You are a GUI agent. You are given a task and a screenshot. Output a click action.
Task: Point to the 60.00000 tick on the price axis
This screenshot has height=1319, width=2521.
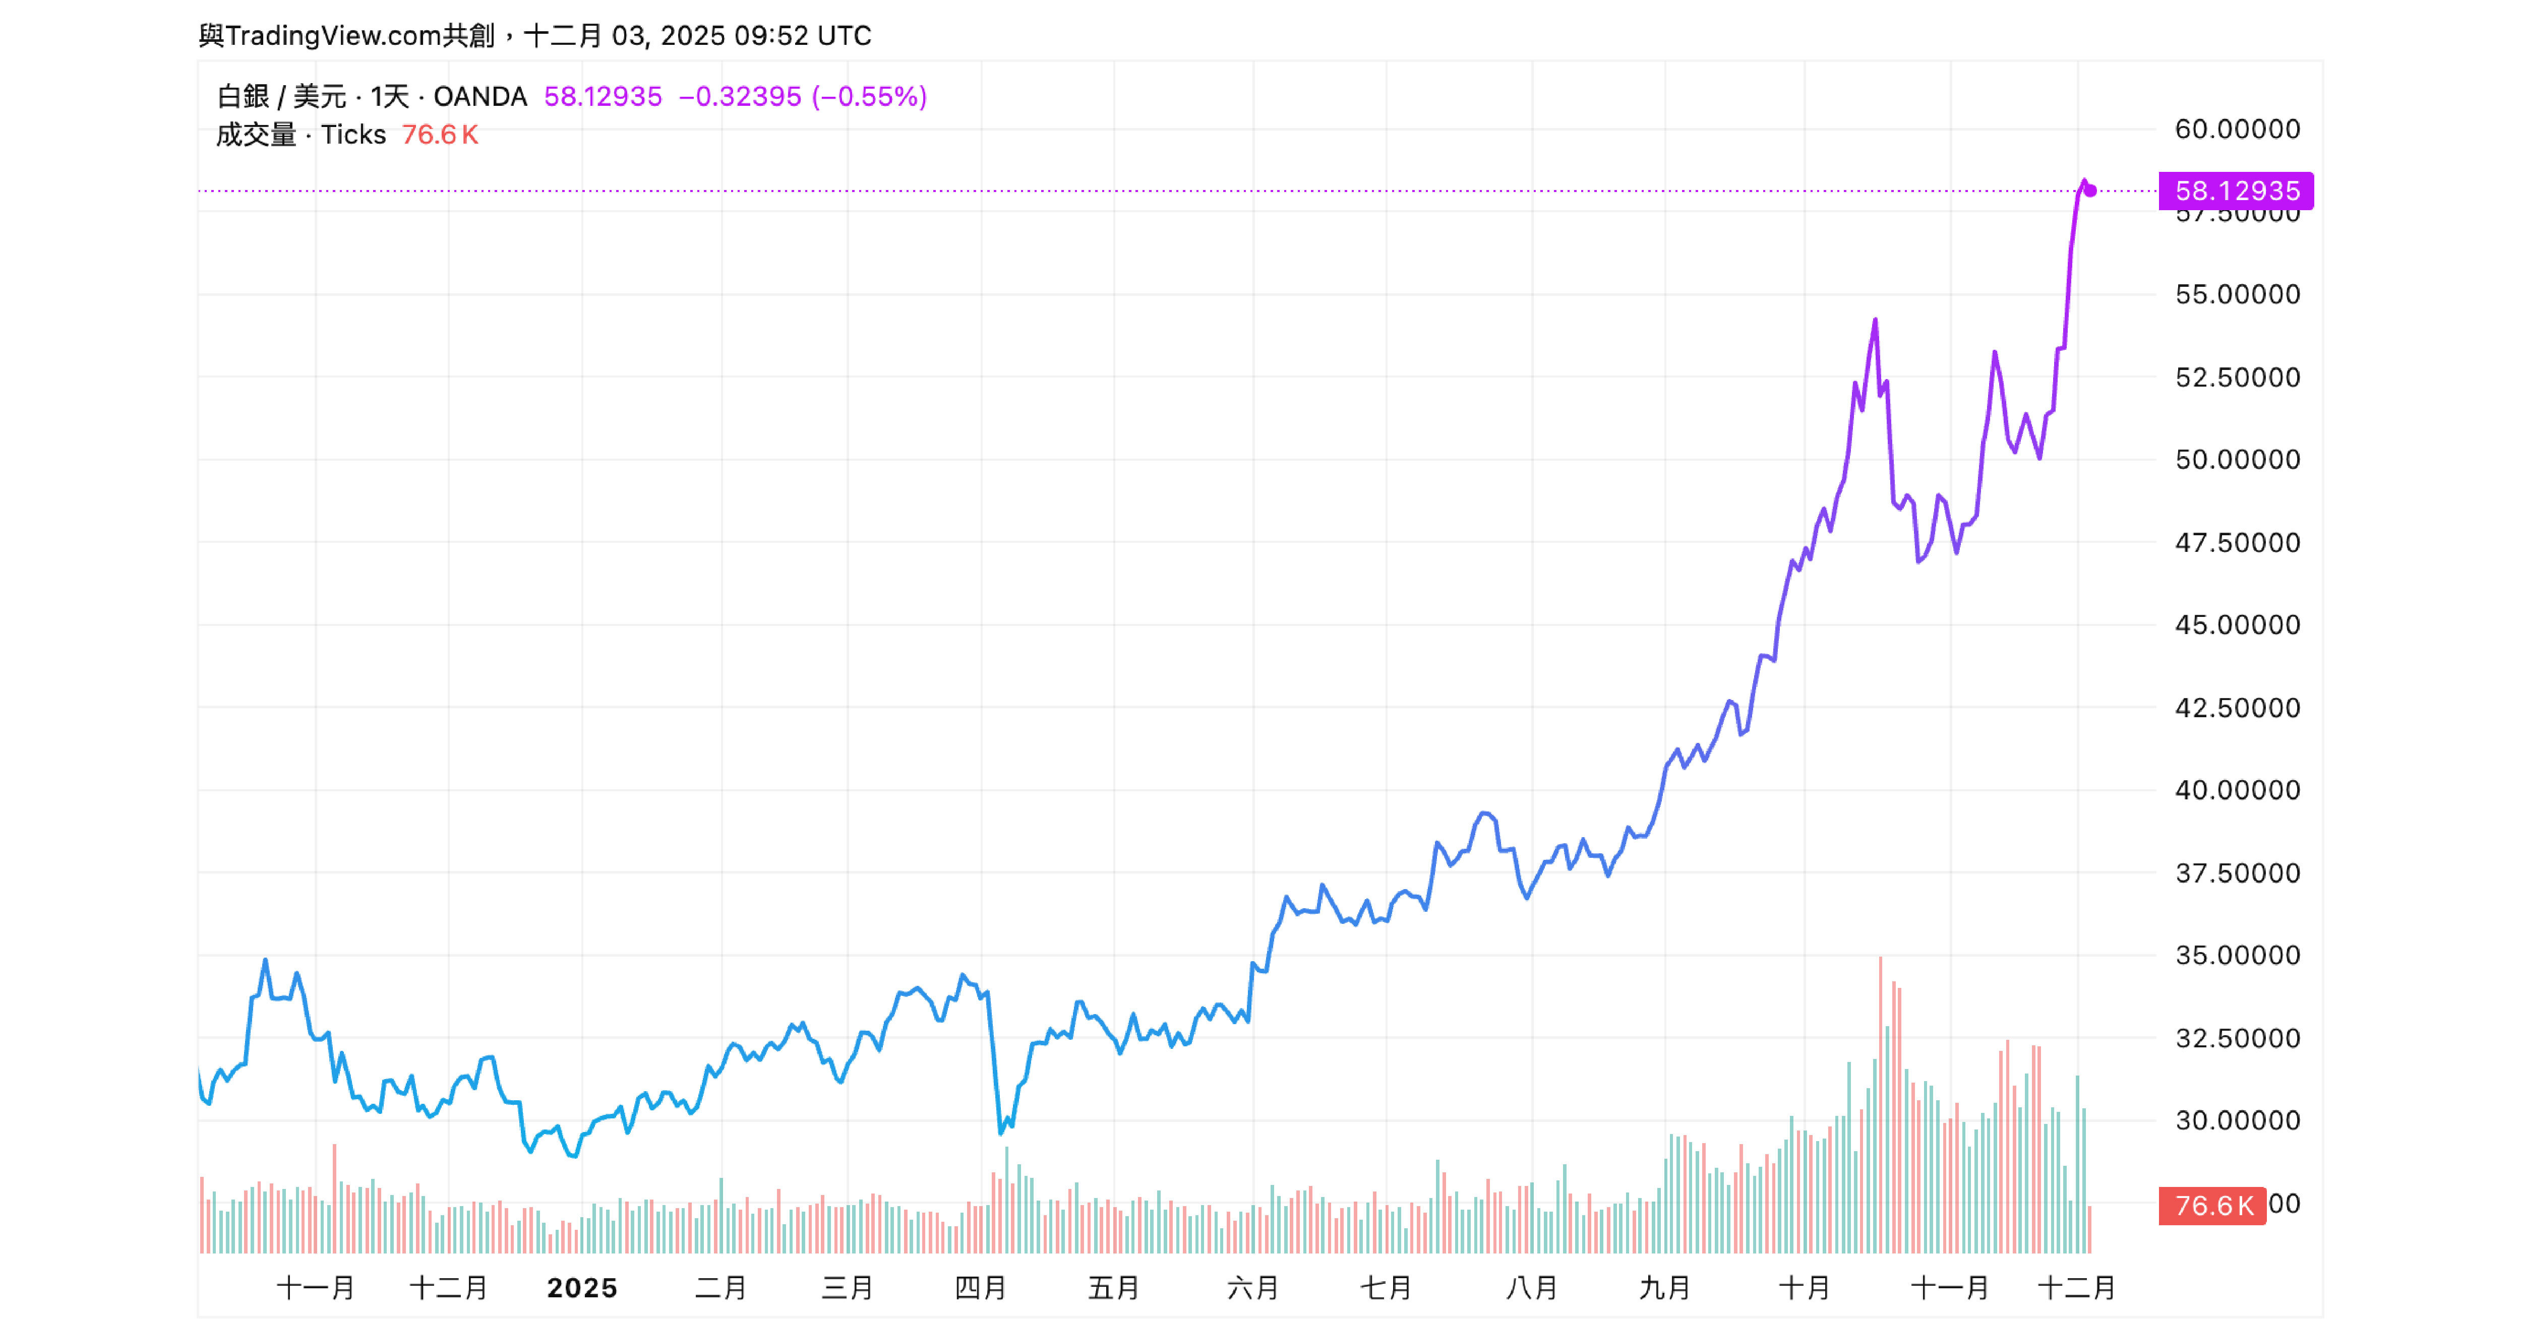point(2237,129)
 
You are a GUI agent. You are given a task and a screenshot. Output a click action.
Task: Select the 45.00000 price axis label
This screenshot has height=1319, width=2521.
point(2237,624)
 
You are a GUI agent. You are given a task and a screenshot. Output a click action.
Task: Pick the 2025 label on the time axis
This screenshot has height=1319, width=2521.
point(582,1288)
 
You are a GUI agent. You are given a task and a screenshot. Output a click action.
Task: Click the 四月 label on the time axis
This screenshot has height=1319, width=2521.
point(981,1288)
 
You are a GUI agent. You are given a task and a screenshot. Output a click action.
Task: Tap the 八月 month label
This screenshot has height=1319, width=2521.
point(1532,1288)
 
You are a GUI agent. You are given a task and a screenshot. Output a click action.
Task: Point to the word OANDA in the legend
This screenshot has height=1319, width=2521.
point(479,96)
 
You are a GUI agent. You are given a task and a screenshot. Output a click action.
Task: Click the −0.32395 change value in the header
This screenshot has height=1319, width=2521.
point(740,96)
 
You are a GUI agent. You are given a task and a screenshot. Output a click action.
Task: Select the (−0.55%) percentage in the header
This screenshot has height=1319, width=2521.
point(869,96)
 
